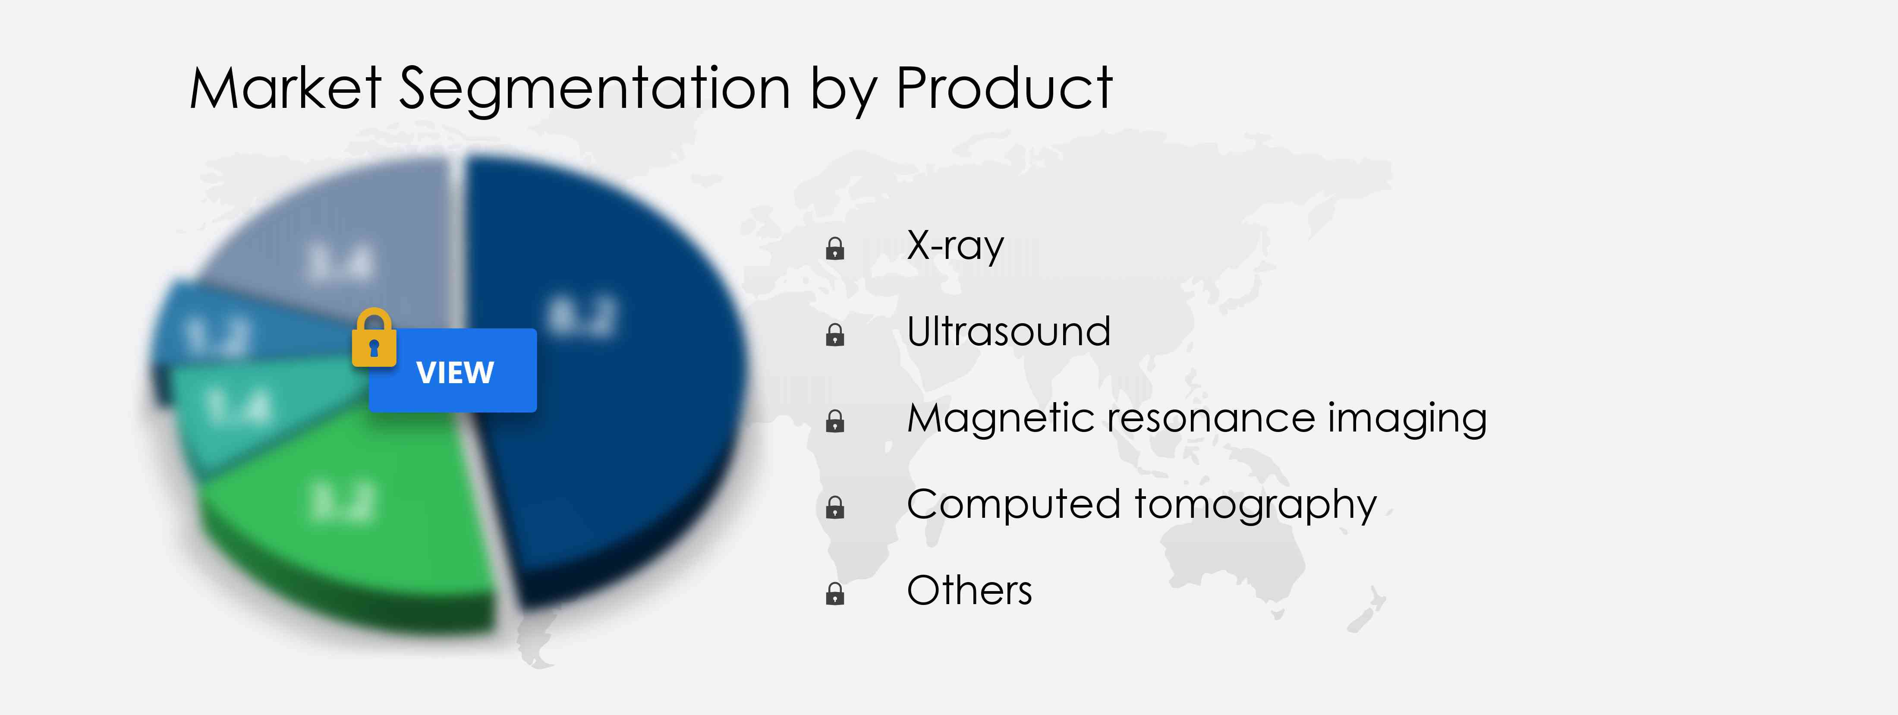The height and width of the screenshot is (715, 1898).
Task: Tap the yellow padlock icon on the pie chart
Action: tap(374, 338)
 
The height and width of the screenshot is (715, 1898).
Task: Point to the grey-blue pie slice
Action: tap(339, 251)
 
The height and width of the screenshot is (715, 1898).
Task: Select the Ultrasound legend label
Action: tap(1008, 332)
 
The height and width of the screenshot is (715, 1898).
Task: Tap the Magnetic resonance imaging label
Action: tap(1196, 418)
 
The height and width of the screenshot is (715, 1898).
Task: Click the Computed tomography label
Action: tap(1141, 505)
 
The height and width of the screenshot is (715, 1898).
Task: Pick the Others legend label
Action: tap(969, 590)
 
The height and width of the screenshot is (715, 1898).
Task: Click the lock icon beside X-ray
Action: tap(835, 249)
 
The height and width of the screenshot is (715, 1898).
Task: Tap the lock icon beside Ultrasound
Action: tap(835, 335)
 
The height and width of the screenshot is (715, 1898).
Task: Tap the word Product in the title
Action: tap(1004, 88)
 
